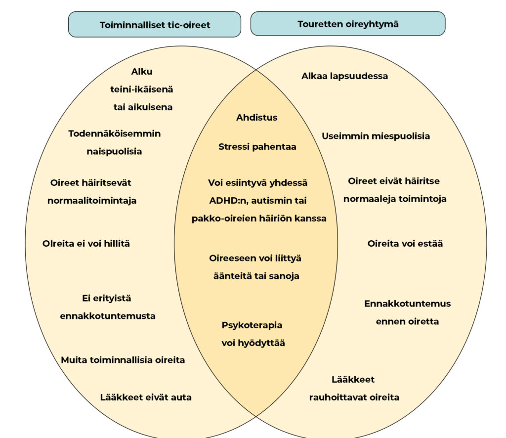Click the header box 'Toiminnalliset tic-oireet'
(x=155, y=25)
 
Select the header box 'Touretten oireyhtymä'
(x=348, y=24)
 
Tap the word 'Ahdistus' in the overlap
(x=257, y=118)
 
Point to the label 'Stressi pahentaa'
(x=257, y=147)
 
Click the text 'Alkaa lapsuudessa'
(x=344, y=76)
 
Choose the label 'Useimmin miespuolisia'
(x=376, y=136)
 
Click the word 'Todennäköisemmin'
(x=115, y=133)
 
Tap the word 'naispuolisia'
(x=114, y=151)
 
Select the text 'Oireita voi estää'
(x=405, y=244)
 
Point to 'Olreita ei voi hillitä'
(x=86, y=244)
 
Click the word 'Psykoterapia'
(x=252, y=325)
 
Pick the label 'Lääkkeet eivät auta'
(x=146, y=397)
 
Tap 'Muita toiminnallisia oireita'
(x=123, y=360)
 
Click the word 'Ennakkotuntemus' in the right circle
(x=408, y=304)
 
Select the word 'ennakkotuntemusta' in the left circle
(x=108, y=316)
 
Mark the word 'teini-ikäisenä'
(x=142, y=89)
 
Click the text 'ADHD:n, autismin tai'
(x=258, y=201)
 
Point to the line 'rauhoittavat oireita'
(x=354, y=397)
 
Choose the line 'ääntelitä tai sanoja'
(x=256, y=276)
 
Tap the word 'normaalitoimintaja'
(x=92, y=201)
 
